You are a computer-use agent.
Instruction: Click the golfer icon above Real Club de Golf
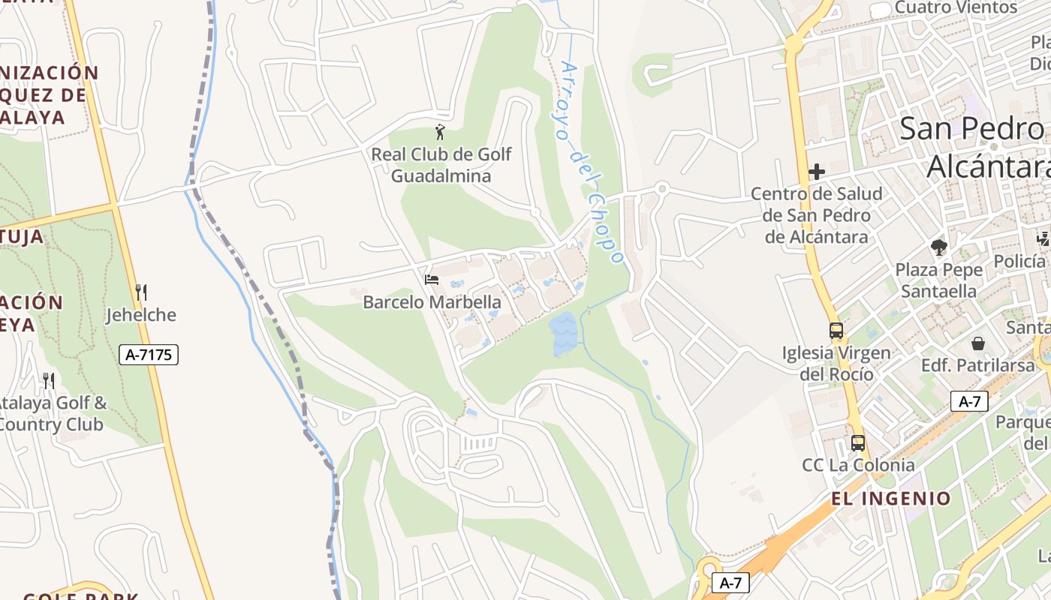[x=440, y=133]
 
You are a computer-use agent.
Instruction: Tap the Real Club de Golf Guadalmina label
[x=441, y=165]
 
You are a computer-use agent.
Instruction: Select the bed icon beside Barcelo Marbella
[x=432, y=280]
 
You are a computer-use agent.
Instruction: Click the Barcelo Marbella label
[x=432, y=302]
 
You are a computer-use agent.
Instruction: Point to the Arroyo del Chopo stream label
[x=592, y=161]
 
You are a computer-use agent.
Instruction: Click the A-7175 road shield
[x=149, y=355]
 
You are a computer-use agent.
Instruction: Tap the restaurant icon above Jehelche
[x=140, y=292]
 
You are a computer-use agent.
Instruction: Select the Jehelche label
[x=141, y=315]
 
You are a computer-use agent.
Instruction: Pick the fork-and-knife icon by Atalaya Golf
[x=49, y=380]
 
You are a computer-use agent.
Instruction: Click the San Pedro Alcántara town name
[x=976, y=147]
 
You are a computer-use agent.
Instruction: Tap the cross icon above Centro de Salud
[x=817, y=172]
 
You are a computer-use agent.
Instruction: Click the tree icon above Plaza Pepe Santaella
[x=938, y=247]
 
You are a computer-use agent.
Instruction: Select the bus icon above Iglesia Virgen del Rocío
[x=836, y=330]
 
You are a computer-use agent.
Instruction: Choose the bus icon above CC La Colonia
[x=858, y=442]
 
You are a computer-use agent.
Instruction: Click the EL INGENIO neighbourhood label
[x=891, y=498]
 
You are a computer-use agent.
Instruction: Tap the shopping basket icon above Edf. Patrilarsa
[x=979, y=343]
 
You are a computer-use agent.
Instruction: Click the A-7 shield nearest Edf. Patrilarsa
[x=969, y=401]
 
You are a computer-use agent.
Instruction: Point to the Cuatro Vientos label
[x=956, y=7]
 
